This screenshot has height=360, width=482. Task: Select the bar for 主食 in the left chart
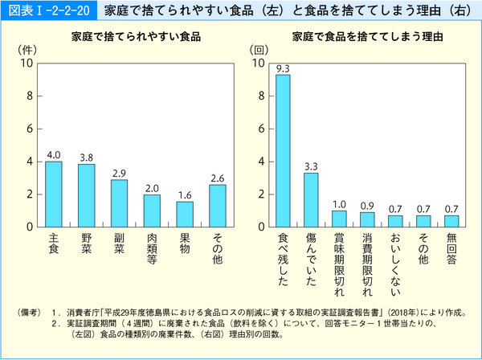[x=54, y=194]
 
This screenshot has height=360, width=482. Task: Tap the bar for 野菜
[x=86, y=195]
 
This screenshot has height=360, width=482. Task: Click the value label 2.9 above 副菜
[x=119, y=173]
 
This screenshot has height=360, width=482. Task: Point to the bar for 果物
[x=185, y=214]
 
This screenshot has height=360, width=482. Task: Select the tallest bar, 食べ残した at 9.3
[x=283, y=150]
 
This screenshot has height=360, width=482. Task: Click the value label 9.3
[x=283, y=68]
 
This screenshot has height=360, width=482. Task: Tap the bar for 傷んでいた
[x=311, y=199]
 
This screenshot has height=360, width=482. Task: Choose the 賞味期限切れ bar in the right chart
[x=339, y=218]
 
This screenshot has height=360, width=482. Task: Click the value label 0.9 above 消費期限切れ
[x=366, y=205]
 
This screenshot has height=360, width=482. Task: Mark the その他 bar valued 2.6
[x=217, y=205]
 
